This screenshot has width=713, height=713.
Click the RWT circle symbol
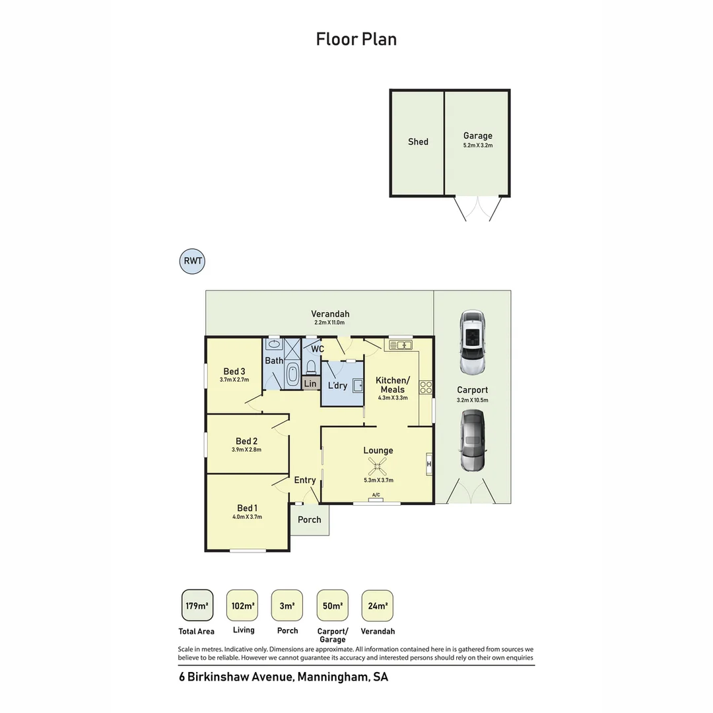(x=192, y=261)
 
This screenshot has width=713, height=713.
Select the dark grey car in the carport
(x=473, y=441)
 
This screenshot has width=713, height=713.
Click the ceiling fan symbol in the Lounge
(x=378, y=468)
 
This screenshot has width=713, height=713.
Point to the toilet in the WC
(x=312, y=366)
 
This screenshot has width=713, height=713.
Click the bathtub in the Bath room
(x=292, y=374)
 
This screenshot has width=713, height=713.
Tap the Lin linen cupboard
(x=310, y=384)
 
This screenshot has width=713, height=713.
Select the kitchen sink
(x=401, y=345)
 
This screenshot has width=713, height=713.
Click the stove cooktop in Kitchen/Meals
(x=426, y=388)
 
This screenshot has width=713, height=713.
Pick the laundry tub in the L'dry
(x=357, y=385)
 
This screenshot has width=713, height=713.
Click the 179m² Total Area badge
(x=197, y=605)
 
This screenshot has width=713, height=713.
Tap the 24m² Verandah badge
(x=378, y=605)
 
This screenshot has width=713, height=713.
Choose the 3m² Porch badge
(x=287, y=605)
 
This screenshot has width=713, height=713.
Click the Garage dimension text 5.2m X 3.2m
(x=477, y=145)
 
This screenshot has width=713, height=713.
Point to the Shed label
(x=418, y=141)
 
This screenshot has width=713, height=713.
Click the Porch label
(x=309, y=520)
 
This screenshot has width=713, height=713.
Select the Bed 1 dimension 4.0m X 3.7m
(x=247, y=517)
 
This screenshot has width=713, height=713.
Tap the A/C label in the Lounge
(x=376, y=494)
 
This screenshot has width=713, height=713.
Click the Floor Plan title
(x=356, y=39)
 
